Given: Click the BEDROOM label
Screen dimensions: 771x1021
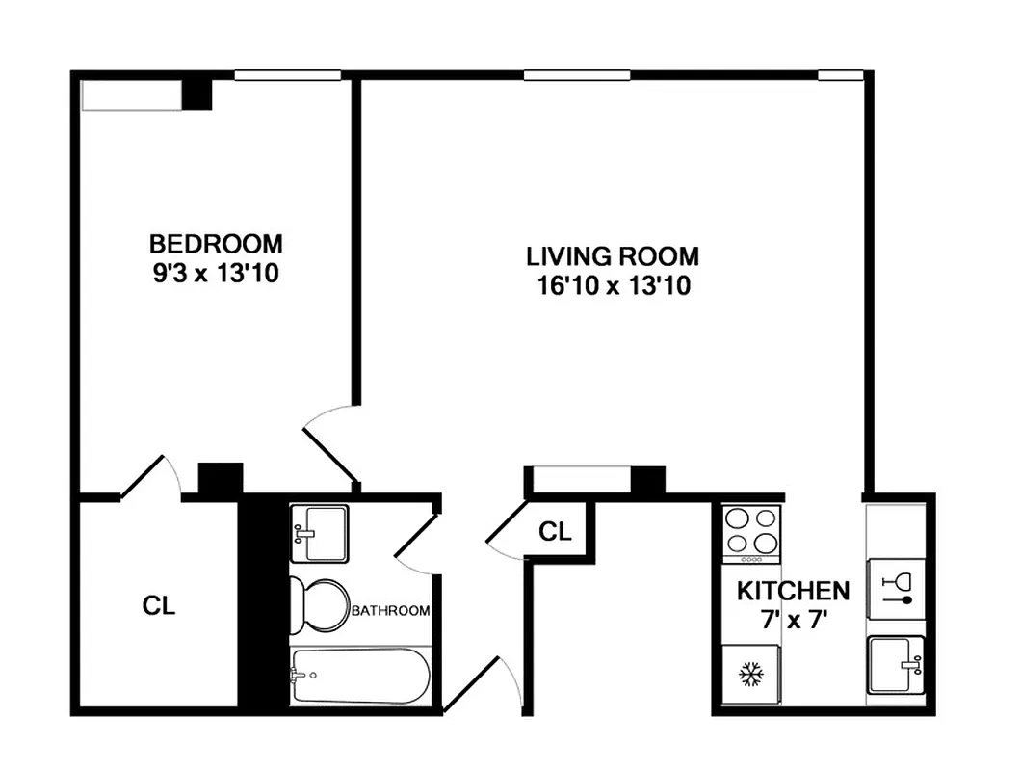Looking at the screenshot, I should [x=216, y=242].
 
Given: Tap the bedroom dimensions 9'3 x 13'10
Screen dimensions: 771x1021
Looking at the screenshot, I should [x=216, y=274].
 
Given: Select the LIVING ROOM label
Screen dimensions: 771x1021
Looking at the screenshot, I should [x=612, y=256].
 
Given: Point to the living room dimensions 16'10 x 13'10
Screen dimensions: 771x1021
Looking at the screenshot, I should [x=612, y=286].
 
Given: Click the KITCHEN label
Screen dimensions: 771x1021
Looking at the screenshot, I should [x=793, y=590].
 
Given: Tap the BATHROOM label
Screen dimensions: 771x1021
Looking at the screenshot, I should [x=390, y=611].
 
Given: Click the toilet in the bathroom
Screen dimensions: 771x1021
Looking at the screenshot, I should [x=321, y=604].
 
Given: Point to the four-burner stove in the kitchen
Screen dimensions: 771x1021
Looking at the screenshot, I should [x=750, y=535].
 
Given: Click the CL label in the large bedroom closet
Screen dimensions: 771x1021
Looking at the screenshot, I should [x=159, y=606].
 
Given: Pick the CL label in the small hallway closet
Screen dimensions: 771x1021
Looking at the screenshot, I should [x=554, y=531].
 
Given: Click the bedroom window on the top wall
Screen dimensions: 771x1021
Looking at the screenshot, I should [x=288, y=75].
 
